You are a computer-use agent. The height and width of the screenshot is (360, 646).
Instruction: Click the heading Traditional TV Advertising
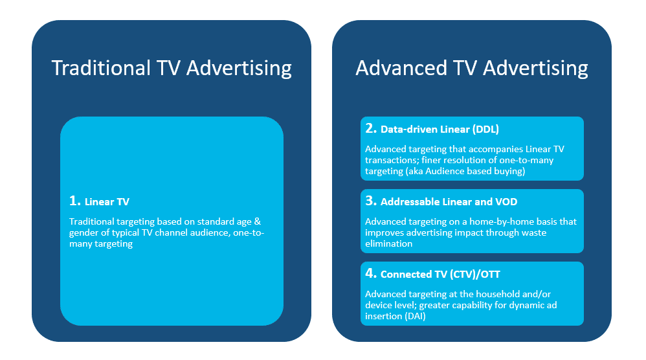(x=172, y=68)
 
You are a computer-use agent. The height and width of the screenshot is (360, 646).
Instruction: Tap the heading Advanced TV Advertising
(x=472, y=68)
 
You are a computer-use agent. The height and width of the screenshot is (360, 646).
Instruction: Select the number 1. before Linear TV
(x=74, y=201)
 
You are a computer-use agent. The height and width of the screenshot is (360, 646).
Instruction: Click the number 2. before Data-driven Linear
(x=371, y=128)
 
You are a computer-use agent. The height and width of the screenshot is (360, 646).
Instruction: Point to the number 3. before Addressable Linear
(x=371, y=201)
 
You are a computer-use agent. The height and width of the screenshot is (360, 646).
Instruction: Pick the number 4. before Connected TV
(x=371, y=273)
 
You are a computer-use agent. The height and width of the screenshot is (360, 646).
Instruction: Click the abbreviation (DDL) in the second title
(x=485, y=129)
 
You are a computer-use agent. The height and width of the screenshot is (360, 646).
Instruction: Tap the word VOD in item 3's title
(x=506, y=202)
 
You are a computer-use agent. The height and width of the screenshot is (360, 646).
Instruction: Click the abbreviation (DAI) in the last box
(x=416, y=317)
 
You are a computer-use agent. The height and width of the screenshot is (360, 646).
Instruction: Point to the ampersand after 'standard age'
(x=258, y=221)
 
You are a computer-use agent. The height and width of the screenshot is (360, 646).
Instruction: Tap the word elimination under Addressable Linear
(x=388, y=244)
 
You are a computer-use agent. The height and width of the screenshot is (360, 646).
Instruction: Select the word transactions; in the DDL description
(x=392, y=160)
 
